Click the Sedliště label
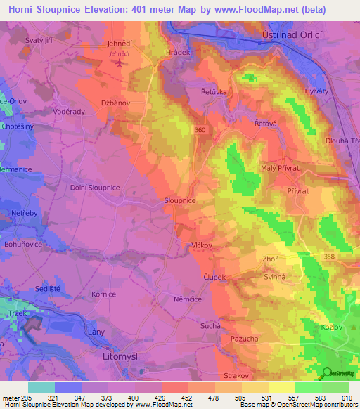pyautogui.click(x=49, y=289)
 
